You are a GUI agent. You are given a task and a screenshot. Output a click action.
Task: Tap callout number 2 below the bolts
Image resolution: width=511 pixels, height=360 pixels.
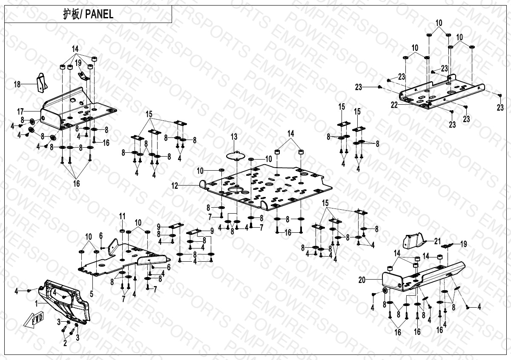click(65, 343)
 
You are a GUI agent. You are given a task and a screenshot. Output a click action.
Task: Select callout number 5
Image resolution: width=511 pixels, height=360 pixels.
click(91, 294)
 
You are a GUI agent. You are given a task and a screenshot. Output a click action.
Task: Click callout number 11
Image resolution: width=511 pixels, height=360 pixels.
click(122, 216)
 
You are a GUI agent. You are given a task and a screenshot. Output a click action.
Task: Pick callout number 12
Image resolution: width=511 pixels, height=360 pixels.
click(175, 186)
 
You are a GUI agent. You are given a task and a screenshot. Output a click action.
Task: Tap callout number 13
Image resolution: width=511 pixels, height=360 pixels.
click(234, 136)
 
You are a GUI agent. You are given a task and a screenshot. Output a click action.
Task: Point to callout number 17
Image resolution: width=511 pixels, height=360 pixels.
click(20, 111)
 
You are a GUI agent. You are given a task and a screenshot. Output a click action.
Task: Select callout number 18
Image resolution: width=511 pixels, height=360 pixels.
click(17, 85)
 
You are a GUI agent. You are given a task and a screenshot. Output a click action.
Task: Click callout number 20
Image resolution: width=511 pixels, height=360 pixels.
click(362, 280)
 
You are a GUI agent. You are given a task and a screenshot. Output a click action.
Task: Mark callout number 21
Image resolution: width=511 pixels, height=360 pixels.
click(437, 241)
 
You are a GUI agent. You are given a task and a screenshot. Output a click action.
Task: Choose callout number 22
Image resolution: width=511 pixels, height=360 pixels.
click(394, 105)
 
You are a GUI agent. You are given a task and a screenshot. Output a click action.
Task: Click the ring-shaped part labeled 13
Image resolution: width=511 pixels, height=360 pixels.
click(235, 154)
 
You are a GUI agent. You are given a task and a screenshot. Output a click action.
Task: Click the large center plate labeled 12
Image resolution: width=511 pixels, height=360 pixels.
click(264, 185)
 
